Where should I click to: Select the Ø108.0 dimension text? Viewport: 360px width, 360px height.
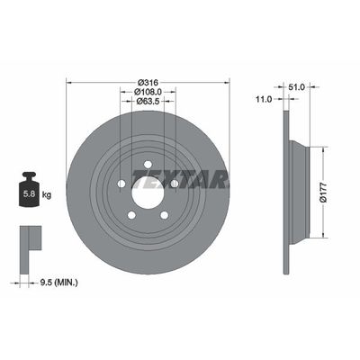(148, 91)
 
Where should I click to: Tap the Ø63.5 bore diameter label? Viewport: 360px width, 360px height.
(148, 102)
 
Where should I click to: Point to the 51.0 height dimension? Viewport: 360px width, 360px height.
(298, 87)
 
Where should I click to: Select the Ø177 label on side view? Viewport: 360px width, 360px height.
(326, 190)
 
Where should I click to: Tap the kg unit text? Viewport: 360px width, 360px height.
(47, 193)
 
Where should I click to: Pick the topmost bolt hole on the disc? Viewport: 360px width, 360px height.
(148, 163)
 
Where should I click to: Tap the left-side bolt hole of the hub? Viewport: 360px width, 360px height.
(121, 184)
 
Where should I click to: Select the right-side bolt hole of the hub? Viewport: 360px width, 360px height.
(174, 184)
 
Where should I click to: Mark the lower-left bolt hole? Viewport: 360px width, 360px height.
(131, 214)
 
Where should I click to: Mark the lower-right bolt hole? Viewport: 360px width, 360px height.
(164, 214)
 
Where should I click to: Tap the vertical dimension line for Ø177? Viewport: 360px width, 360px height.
(316, 190)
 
